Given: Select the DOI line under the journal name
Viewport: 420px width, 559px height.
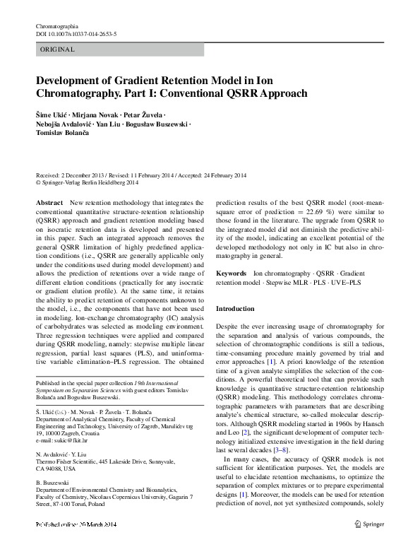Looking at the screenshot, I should [76, 34].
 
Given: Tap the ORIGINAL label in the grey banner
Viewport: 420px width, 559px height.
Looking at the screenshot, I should [58, 49].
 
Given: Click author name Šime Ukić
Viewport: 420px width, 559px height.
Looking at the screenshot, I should [52, 114].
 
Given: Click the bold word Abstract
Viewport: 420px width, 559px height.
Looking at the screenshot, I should [49, 203].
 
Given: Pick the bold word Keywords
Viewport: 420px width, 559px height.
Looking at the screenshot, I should [231, 273].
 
